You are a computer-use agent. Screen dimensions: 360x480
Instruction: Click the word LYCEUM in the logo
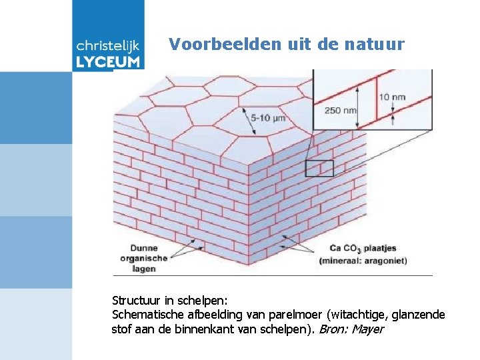(x=109, y=62)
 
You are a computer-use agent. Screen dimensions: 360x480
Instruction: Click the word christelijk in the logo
(x=109, y=46)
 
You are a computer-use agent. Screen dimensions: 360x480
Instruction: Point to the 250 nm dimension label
(x=340, y=110)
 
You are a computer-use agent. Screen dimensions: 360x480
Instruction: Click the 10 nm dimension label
(x=392, y=97)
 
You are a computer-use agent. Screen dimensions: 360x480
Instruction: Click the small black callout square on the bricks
(x=319, y=168)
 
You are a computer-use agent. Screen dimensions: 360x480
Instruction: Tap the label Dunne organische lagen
(x=144, y=258)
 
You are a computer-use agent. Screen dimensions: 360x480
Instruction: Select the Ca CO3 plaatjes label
(x=363, y=249)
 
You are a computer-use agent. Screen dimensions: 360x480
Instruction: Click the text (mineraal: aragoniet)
(x=363, y=261)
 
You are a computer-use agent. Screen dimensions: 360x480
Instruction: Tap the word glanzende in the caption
(x=421, y=315)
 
